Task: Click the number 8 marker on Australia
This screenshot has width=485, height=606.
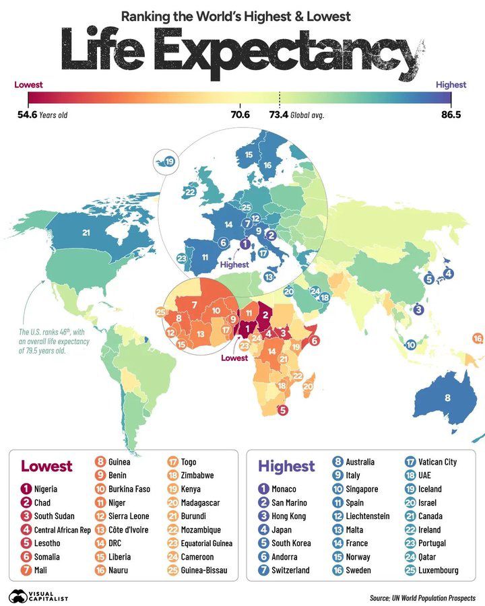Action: (x=447, y=398)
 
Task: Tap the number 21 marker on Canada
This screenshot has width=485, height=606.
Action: (x=86, y=233)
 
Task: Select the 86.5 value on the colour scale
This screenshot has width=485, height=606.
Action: (x=451, y=115)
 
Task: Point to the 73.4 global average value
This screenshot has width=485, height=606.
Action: (x=278, y=115)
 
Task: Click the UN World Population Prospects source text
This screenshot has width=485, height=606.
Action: (x=422, y=598)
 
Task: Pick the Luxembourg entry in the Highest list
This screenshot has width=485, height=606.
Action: (x=438, y=570)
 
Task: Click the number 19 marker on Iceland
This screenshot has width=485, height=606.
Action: (x=170, y=162)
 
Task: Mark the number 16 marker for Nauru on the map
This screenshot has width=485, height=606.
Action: (x=478, y=338)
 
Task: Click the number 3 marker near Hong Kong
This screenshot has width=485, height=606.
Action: (x=418, y=310)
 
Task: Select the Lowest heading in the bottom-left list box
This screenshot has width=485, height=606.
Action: (x=46, y=466)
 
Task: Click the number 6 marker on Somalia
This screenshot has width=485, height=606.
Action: (x=314, y=341)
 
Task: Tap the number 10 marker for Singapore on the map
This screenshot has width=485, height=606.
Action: (x=410, y=345)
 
